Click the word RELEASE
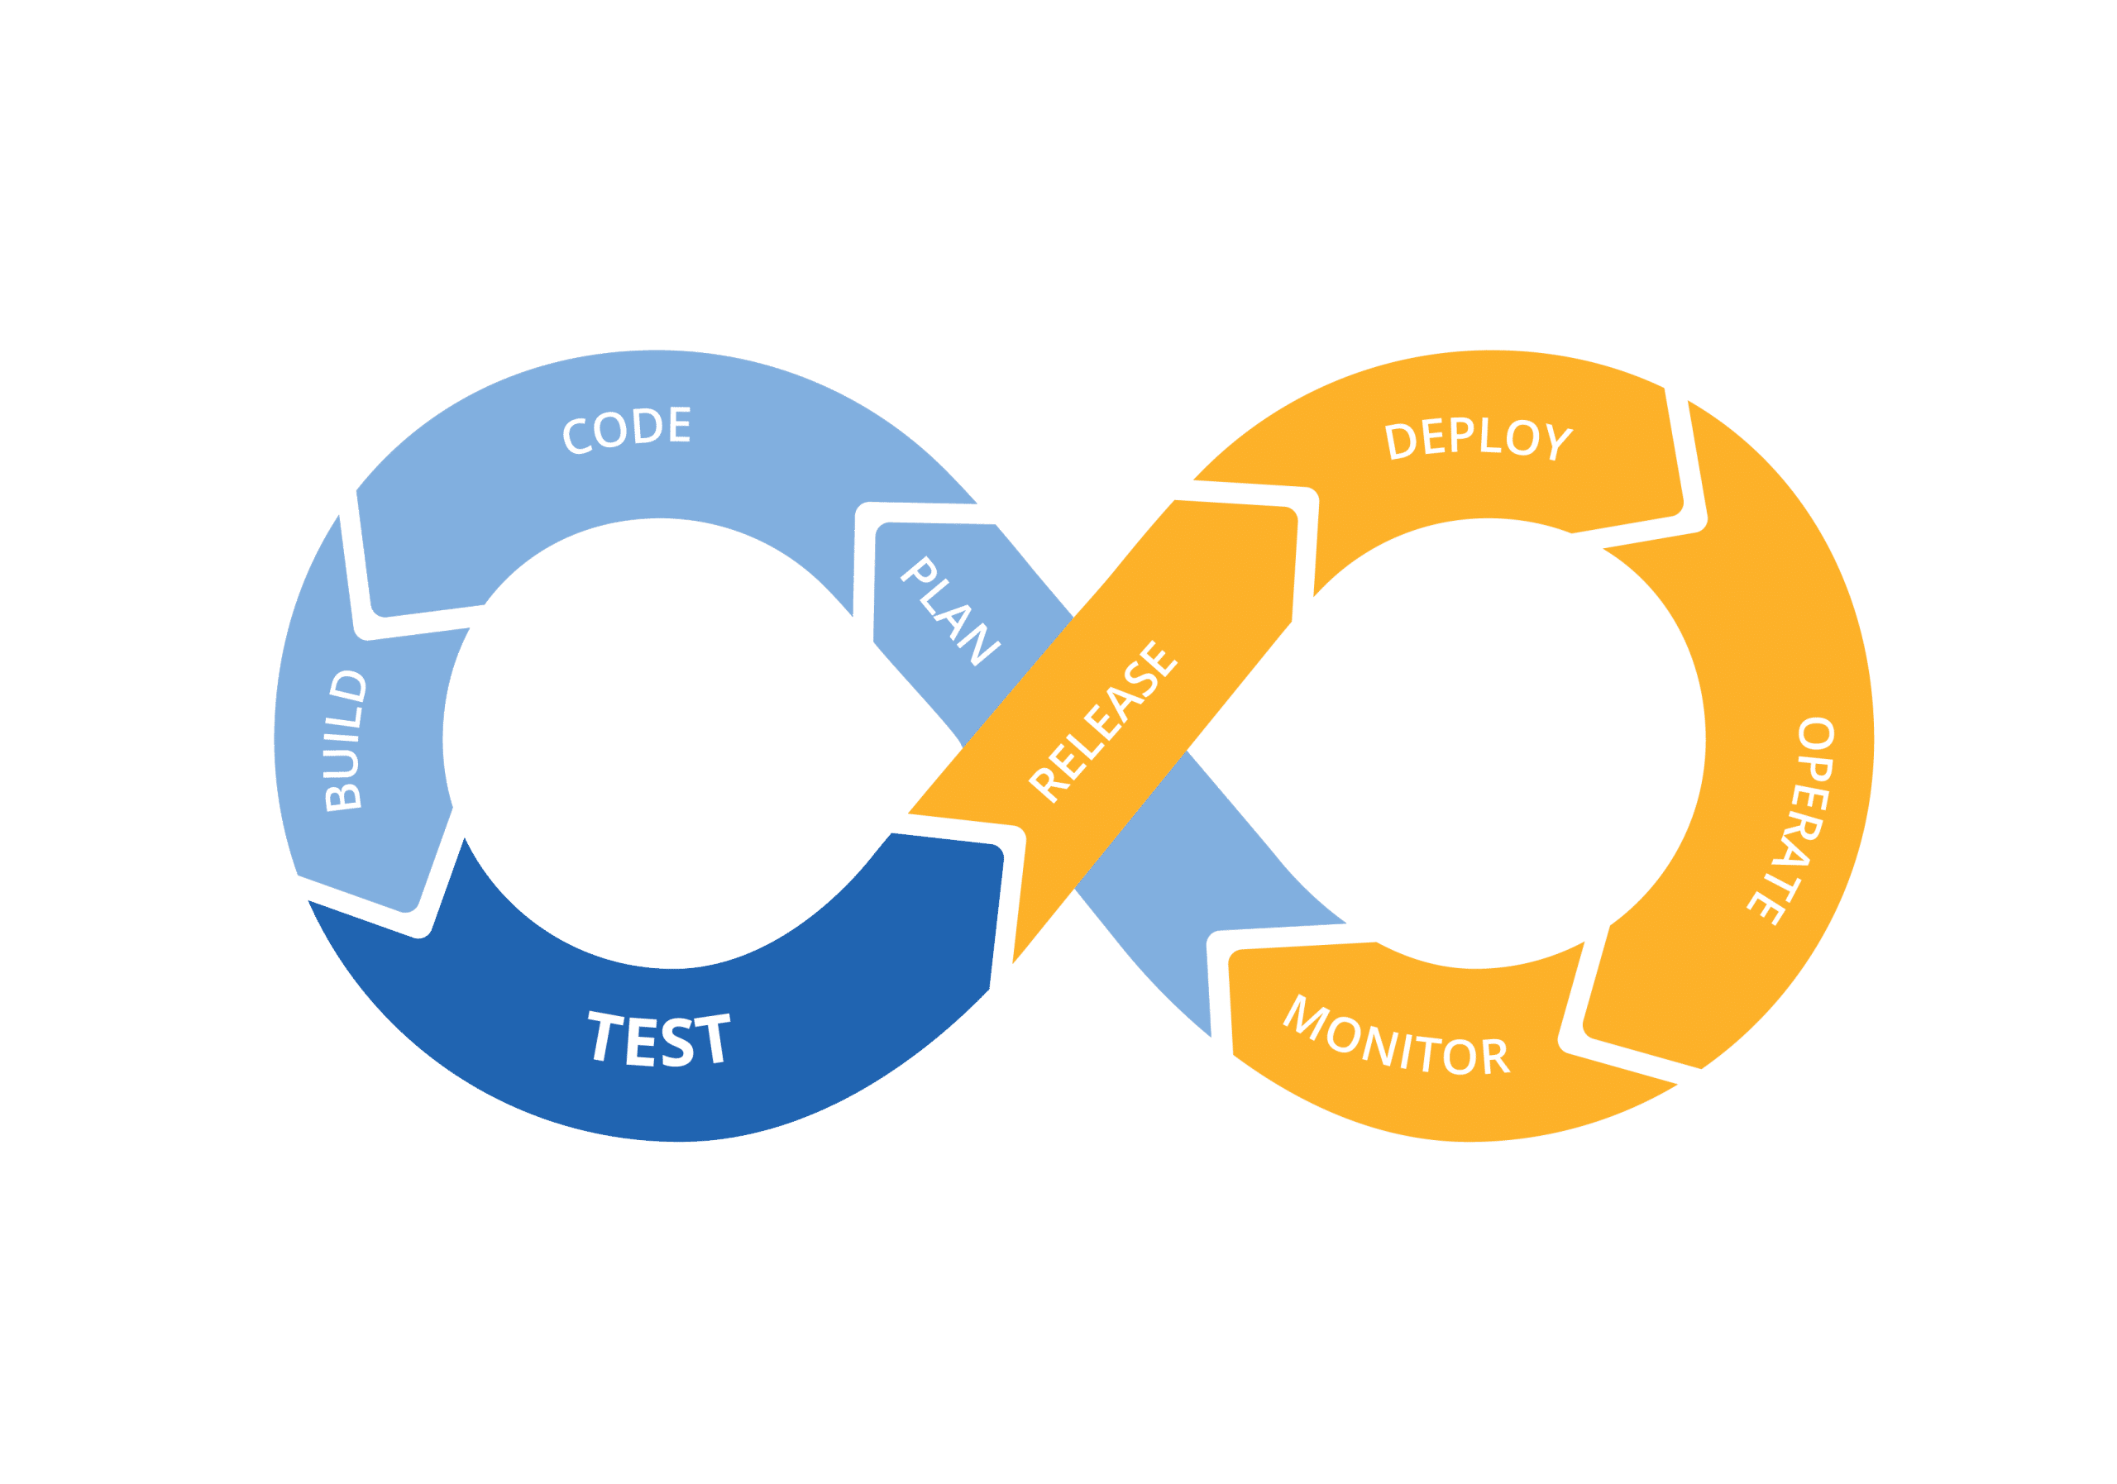point(1104,721)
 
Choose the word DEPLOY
point(1478,439)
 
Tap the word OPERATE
point(1790,820)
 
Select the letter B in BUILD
point(344,794)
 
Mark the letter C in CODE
point(578,435)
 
